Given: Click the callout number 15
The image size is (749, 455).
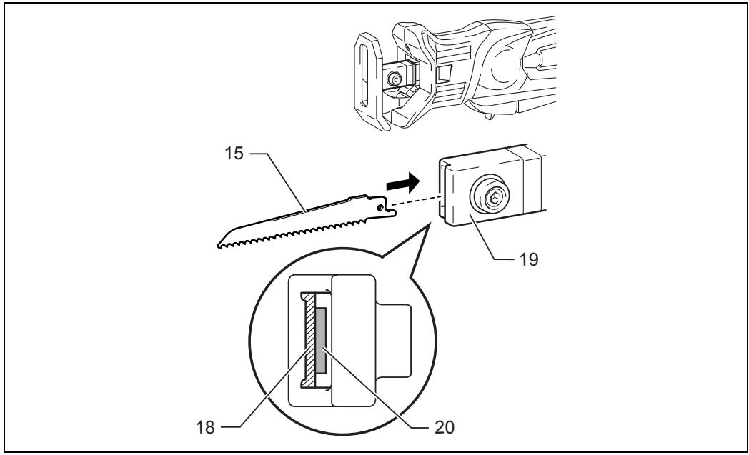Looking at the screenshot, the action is pos(234,154).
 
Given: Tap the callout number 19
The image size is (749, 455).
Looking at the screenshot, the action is pos(529,259).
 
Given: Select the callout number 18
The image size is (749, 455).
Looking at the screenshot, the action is pos(206,427).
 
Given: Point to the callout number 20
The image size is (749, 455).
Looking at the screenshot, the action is pos(445,427).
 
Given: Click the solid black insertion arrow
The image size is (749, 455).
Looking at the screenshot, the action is pos(402,183).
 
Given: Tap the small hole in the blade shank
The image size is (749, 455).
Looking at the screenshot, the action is pos(380,208).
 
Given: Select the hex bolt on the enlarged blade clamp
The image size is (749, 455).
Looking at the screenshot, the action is pos(493,196).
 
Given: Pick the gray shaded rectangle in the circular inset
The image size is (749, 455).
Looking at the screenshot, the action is pos(321,340).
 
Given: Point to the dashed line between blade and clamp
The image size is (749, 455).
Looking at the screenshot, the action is pos(415,201).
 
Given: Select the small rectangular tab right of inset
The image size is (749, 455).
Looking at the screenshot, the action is pos(393,341).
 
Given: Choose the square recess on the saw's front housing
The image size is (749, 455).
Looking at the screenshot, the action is pos(444,74).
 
